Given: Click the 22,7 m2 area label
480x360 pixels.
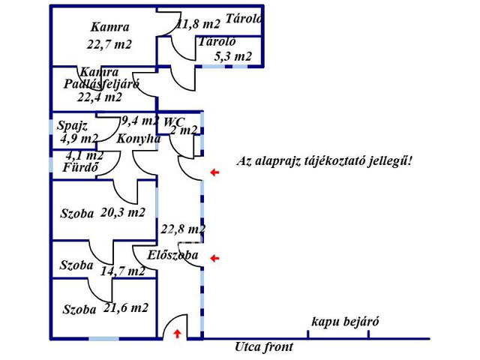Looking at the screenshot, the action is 109,45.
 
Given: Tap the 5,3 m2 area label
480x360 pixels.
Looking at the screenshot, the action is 233,56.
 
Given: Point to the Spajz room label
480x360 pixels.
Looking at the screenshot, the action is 73,126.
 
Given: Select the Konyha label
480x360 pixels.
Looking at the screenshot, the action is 138,139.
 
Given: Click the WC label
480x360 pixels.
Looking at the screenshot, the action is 174,121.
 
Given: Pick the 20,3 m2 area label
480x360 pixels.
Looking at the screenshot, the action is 122,212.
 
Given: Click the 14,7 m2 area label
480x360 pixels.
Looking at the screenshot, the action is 122,271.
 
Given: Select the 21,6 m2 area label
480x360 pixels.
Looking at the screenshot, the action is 125,307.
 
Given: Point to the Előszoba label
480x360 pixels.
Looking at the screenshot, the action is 172,255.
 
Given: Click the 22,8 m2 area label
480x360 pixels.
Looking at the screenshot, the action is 183,229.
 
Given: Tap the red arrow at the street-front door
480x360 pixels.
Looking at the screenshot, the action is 177,334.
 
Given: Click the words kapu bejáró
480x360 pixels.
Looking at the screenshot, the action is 345,322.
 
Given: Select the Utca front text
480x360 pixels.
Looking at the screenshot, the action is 263,346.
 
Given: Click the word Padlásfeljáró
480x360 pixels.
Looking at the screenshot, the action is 101,84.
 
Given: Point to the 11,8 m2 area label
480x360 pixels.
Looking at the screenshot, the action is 198,24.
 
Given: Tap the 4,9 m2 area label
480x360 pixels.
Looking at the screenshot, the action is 79,139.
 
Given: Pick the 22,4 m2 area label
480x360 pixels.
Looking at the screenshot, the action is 100,97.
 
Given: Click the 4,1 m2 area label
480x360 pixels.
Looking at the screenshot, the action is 85,155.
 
